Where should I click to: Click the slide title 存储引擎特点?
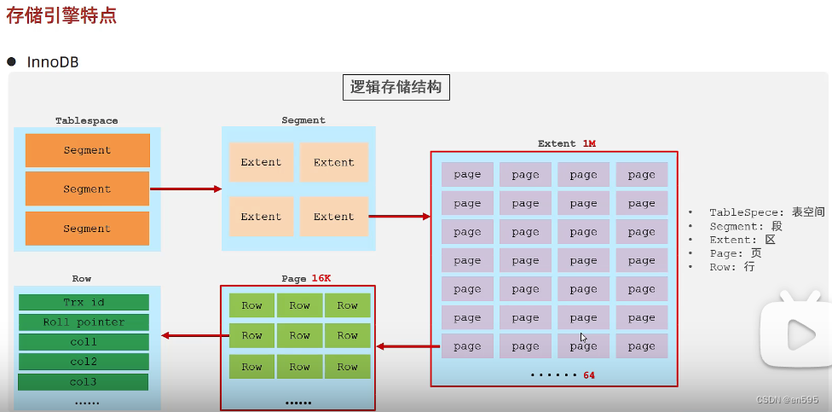(x=61, y=16)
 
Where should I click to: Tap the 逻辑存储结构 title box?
(x=396, y=87)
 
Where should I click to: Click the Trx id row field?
(x=83, y=302)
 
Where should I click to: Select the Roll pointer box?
(x=83, y=322)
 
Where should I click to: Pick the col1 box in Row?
(x=83, y=342)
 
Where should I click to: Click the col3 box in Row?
(x=83, y=381)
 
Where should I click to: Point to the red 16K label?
(x=321, y=278)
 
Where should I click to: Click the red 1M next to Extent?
(x=589, y=143)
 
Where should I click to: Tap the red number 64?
(x=589, y=375)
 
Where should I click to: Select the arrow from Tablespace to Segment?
(x=185, y=189)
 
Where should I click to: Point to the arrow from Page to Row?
(x=190, y=335)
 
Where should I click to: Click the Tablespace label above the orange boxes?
(x=87, y=121)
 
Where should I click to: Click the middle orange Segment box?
(x=87, y=189)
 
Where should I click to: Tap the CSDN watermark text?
(x=787, y=400)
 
